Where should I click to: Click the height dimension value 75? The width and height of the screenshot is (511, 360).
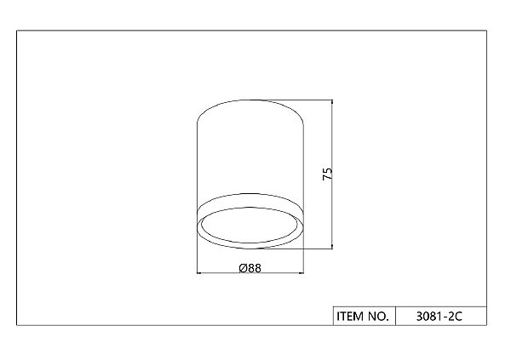pos(328,174)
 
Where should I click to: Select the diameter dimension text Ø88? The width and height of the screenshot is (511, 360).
pos(250,268)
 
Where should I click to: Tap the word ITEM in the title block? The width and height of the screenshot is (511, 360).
pos(350,316)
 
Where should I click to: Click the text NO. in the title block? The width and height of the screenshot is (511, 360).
pos(378,316)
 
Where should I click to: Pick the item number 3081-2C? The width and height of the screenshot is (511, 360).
pos(439,317)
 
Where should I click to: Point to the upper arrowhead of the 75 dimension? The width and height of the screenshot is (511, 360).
pos(332,102)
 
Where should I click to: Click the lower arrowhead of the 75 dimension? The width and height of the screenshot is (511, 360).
pos(332,246)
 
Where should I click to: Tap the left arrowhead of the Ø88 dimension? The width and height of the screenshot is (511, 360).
pos(200,273)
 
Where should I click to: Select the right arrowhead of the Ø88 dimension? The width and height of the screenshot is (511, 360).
pos(301,273)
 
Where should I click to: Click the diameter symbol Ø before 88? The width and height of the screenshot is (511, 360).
pos(243,268)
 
